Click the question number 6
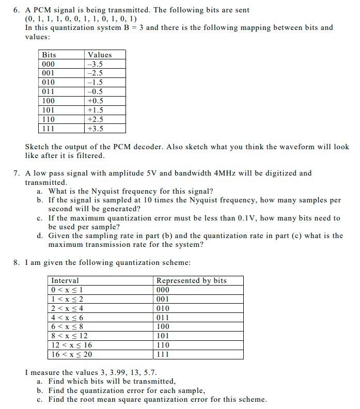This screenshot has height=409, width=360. pos(16,10)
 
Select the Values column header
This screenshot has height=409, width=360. pos(100,55)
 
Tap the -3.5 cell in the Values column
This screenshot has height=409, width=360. pos(96,64)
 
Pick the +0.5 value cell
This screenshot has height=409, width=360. pos(96,101)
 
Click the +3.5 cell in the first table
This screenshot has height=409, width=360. pos(96,129)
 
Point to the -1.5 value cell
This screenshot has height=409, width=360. pos(96,82)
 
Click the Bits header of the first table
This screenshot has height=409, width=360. pos(49,55)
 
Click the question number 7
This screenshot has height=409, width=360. pos(16,173)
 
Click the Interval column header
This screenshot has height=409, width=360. pos(65,280)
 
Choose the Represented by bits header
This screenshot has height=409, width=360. pos(191,280)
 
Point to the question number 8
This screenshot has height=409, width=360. pos(16,262)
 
